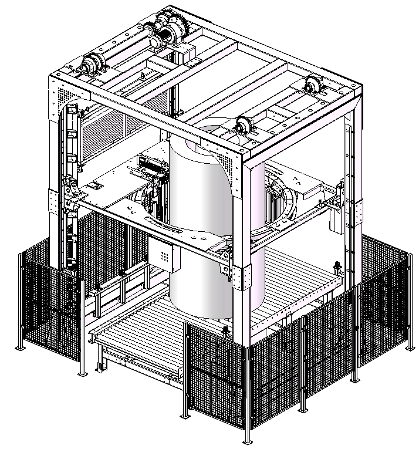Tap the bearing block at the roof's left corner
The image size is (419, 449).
pos(93,63)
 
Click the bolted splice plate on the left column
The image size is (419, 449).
pos(54,202)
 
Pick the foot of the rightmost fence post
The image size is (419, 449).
pos(407,349)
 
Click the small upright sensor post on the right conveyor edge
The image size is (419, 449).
pos(337,268)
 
